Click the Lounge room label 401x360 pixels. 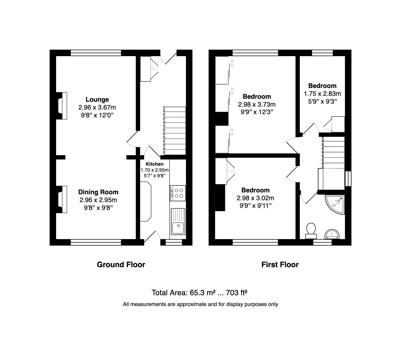click(97, 100)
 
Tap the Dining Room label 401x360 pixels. click(98, 192)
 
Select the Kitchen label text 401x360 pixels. click(155, 164)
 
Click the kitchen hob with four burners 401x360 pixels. click(178, 193)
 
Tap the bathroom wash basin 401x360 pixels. click(332, 234)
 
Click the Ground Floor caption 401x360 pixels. click(121, 264)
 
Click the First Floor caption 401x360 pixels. click(280, 264)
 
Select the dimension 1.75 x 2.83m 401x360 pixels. click(322, 94)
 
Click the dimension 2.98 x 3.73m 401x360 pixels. click(256, 104)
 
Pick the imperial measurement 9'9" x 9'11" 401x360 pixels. click(256, 206)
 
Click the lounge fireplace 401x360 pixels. click(61, 106)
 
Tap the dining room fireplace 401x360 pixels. click(61, 199)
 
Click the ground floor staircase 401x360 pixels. click(175, 131)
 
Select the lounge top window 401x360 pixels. click(96, 53)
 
